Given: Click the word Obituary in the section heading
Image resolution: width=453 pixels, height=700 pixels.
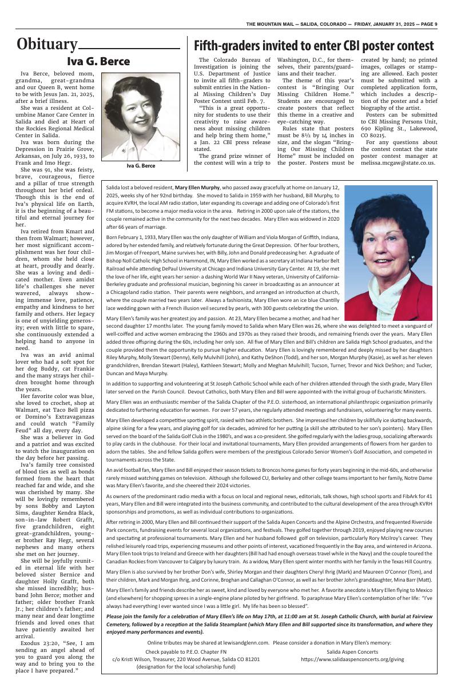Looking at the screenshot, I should click(47, 45).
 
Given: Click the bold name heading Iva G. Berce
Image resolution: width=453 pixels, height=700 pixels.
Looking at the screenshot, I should click(98, 62).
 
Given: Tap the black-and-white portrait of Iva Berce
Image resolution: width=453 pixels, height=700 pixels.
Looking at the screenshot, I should click(140, 116).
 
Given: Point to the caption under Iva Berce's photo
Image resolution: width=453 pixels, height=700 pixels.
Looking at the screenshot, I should click(141, 166).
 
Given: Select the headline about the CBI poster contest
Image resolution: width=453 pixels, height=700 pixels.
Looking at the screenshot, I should click(313, 46).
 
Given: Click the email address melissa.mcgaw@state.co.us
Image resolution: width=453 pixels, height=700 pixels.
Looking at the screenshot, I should click(398, 162).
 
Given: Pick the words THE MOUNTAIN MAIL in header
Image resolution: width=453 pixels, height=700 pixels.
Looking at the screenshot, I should click(271, 24).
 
